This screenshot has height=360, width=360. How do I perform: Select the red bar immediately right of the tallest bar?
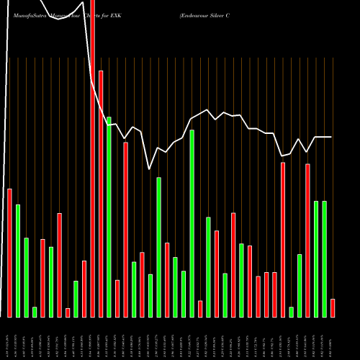pyautogui.click(x=101, y=194)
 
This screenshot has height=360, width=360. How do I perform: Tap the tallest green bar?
pyautogui.click(x=109, y=217)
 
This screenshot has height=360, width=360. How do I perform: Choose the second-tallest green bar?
pyautogui.click(x=192, y=223)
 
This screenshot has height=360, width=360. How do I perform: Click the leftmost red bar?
pyautogui.click(x=10, y=253)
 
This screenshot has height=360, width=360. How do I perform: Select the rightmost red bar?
pyautogui.click(x=333, y=307)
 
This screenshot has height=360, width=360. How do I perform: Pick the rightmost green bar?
pyautogui.click(x=325, y=258)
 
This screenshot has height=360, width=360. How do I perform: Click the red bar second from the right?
pyautogui.click(x=307, y=240)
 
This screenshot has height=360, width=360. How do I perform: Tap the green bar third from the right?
pyautogui.click(x=300, y=285)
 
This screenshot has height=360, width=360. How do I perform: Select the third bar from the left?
pyautogui.click(x=26, y=277)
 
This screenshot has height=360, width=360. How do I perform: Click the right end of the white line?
pyautogui.click(x=331, y=137)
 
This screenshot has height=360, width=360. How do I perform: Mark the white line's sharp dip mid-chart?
pyautogui.click(x=150, y=168)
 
